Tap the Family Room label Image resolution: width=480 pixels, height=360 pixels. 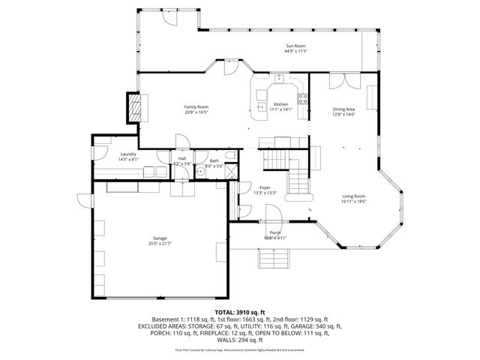[196, 107]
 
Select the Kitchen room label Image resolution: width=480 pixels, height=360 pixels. [280, 104]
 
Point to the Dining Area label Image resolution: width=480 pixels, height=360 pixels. [344, 109]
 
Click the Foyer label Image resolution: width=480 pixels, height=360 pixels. [265, 188]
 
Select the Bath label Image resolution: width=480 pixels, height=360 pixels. [214, 160]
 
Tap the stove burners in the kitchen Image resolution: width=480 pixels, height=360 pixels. [304, 98]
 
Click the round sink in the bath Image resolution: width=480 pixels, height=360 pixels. [200, 171]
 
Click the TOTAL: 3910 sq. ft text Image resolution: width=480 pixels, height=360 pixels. [240, 312]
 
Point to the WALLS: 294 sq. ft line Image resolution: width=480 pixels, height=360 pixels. [240, 340]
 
